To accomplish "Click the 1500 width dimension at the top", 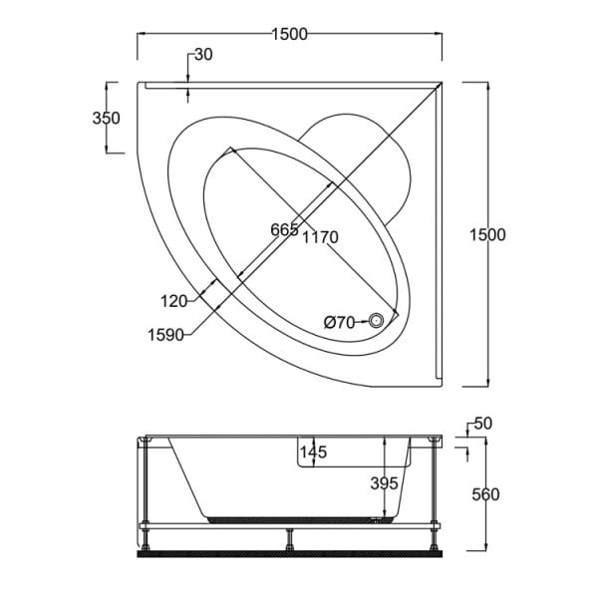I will point(289,34).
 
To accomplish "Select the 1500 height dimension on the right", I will point(488,234).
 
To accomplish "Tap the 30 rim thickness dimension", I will point(202,55).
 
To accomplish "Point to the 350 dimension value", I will point(106,118).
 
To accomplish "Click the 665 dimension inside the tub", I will point(284,230).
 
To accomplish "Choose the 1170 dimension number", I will point(321,236).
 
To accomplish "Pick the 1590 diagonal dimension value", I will point(167,335).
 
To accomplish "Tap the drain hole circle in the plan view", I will point(377,320).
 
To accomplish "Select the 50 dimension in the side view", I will point(483,425).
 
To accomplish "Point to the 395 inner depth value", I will point(384,483).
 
